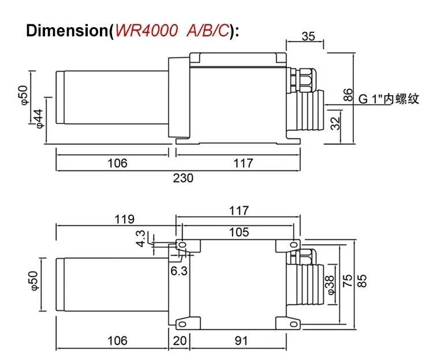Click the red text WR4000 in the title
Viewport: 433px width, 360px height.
click(146, 30)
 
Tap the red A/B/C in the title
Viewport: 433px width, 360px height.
click(208, 31)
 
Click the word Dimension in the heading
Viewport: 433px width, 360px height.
click(67, 31)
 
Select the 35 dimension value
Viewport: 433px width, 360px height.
click(308, 36)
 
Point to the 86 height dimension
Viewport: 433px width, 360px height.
click(348, 95)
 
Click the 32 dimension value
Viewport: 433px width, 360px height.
click(335, 123)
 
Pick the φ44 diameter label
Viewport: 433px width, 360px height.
click(39, 119)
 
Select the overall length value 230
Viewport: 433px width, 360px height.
click(183, 178)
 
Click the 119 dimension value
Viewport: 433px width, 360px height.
click(124, 219)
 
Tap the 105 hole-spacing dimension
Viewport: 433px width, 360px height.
click(239, 232)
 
